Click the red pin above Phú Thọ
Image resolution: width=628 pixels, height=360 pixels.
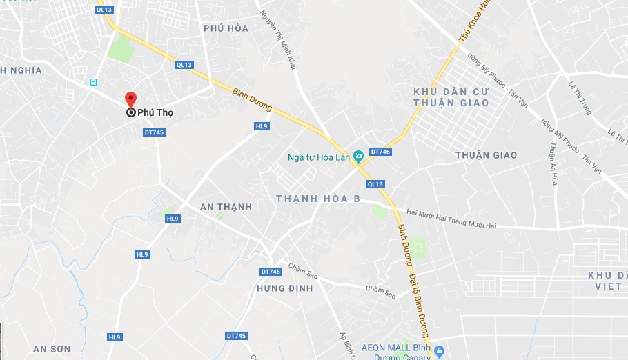click(x=130, y=99)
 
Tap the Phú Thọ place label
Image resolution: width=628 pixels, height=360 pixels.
click(x=155, y=113)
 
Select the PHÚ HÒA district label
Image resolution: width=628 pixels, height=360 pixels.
click(x=226, y=28)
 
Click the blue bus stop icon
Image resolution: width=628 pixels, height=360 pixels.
click(x=93, y=82)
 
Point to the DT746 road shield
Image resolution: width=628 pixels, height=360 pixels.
click(x=380, y=151)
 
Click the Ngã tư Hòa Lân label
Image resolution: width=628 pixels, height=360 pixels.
click(x=318, y=157)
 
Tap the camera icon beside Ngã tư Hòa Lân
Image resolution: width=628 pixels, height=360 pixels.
click(x=358, y=157)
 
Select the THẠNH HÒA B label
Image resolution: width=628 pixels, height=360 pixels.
click(x=318, y=199)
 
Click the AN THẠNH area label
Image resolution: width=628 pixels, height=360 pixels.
click(x=226, y=207)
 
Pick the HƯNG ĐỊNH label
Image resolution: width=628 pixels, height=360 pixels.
click(x=284, y=288)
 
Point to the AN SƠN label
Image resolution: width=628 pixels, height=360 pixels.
click(x=52, y=349)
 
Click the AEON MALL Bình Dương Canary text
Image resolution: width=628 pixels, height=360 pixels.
click(x=393, y=351)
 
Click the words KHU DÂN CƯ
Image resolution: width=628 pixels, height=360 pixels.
click(x=451, y=92)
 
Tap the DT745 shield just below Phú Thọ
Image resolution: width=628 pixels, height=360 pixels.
click(x=154, y=132)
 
